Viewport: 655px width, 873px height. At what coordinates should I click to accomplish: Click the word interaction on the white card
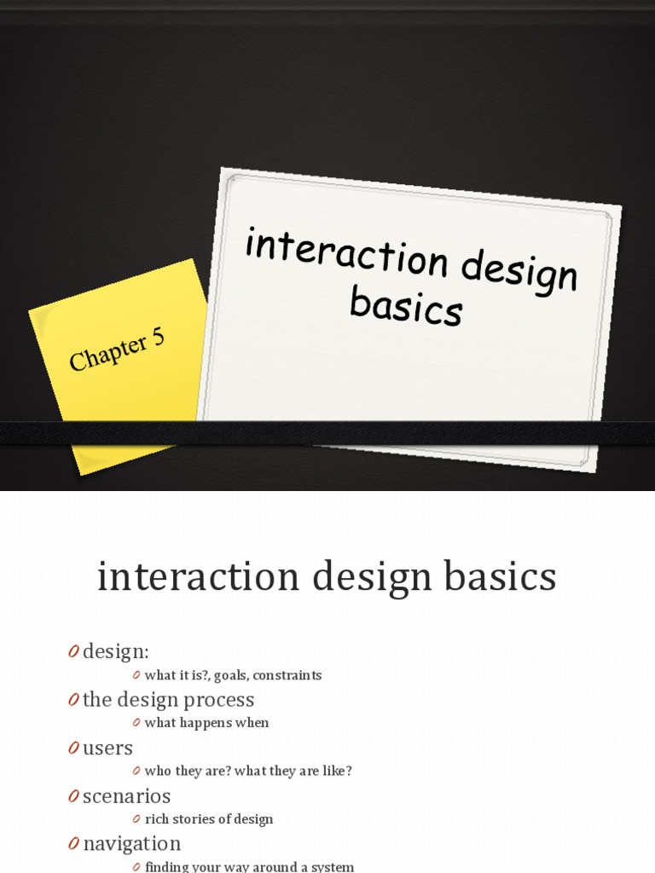coord(345,252)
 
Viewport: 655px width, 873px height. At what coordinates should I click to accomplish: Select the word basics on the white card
coord(406,306)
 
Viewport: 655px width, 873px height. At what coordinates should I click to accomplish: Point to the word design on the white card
coord(519,272)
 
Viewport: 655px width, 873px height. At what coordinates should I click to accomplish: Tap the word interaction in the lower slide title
coord(198,577)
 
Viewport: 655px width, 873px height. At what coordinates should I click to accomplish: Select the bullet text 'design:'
coord(116,652)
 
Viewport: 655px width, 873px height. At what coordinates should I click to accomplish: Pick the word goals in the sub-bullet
coord(229,675)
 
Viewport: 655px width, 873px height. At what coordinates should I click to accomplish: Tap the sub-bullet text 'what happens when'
coord(206,723)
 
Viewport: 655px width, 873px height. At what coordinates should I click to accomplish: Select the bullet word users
coord(107,749)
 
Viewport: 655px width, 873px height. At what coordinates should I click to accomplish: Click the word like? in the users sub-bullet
coord(335,771)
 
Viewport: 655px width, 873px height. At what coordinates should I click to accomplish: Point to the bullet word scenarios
coord(126,796)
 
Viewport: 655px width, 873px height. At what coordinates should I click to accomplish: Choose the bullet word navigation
coord(131,844)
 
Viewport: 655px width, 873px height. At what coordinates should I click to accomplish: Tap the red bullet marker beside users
coord(73,749)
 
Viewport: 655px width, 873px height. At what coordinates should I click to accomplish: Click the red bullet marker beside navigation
coord(73,844)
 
